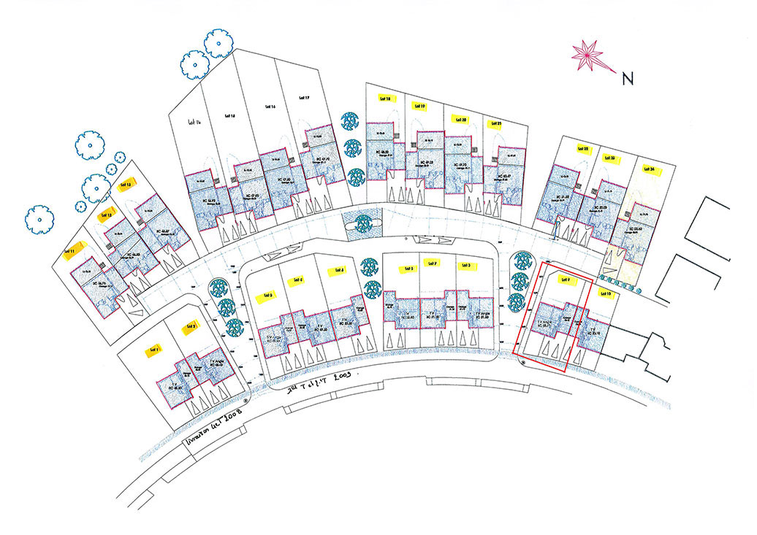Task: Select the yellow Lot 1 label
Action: (x=153, y=349)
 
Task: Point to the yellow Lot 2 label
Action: (x=191, y=326)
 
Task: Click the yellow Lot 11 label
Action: (x=70, y=252)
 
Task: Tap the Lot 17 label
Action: (x=304, y=96)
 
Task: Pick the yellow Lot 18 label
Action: (x=385, y=97)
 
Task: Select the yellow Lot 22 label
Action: (x=582, y=148)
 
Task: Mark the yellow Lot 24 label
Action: (x=649, y=169)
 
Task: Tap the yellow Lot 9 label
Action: (x=564, y=280)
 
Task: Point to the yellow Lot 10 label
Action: (x=604, y=293)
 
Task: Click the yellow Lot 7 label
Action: (x=432, y=263)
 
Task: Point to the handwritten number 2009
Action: (x=337, y=378)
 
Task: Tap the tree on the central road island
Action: (x=363, y=223)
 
